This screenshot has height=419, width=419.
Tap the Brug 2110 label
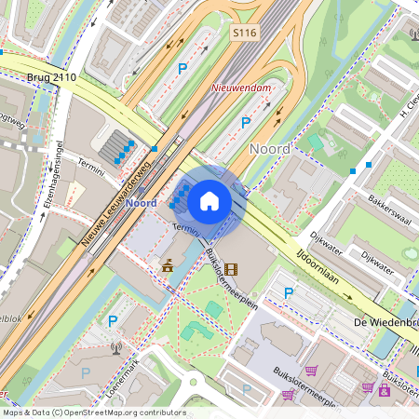coord(51,77)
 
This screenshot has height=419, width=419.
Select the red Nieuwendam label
coord(241,88)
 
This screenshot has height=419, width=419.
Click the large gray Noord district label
coord(271,148)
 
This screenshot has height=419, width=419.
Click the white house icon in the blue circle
coord(209,200)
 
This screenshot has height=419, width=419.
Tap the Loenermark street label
coord(115,381)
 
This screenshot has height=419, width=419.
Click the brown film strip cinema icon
coord(230,269)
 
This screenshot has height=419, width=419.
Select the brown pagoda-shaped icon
coord(168,266)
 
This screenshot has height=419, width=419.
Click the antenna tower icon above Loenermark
coord(116,349)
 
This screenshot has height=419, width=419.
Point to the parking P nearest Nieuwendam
coord(247,122)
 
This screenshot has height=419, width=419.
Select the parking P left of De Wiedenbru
coord(289,293)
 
